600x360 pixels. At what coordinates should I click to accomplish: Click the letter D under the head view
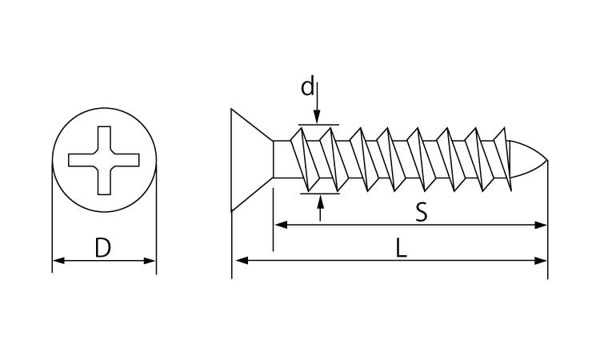(102, 247)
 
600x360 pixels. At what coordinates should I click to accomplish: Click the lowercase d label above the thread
(307, 86)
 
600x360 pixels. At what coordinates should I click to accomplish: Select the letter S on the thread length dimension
(421, 212)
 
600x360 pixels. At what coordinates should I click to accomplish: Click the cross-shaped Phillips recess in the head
(104, 160)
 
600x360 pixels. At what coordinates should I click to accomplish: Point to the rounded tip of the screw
(529, 159)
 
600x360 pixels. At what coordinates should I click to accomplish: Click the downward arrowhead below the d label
(317, 116)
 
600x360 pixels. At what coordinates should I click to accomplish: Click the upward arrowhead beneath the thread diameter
(320, 202)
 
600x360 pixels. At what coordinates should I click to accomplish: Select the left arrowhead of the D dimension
(58, 261)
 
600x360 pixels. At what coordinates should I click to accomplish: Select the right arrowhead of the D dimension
(150, 261)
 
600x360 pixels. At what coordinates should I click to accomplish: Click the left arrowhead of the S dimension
(282, 225)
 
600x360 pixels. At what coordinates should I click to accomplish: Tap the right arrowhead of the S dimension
(541, 225)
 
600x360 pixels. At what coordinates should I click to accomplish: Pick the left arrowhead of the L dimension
(242, 261)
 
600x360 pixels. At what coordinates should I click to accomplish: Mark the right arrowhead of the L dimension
(541, 261)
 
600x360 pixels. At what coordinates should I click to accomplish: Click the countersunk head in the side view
(252, 160)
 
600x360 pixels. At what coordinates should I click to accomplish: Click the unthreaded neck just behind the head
(283, 159)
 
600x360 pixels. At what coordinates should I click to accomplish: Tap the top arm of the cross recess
(104, 140)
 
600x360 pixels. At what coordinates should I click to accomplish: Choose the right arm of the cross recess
(125, 160)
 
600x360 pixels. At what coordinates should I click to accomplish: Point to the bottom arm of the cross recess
(104, 181)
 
